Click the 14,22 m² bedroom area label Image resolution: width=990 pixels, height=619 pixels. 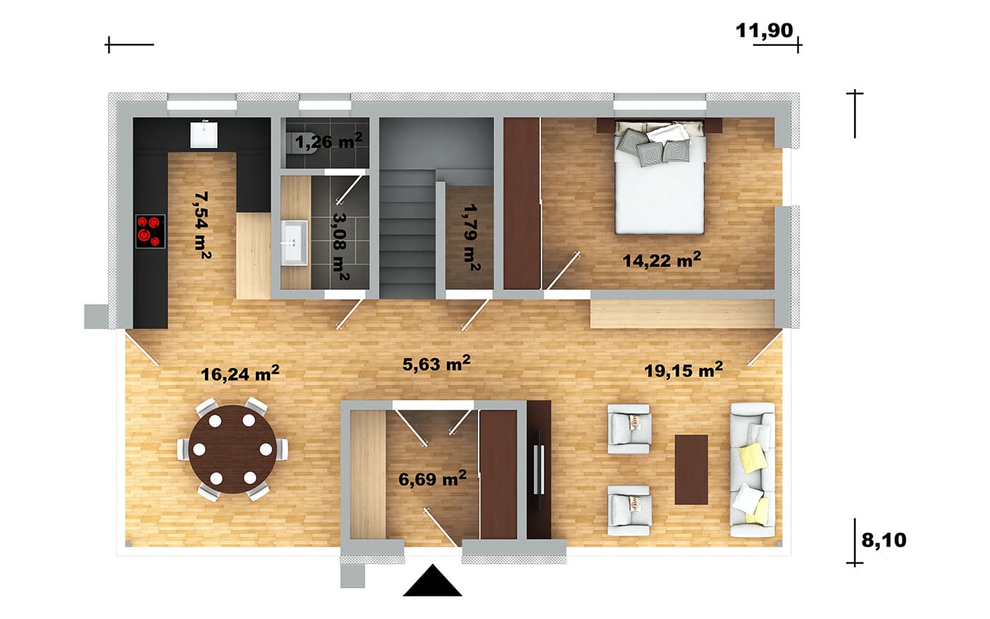[662, 260]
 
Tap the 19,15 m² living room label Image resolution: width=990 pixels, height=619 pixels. [683, 369]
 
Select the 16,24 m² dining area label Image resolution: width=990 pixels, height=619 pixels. [240, 374]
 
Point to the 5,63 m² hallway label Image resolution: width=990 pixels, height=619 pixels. [436, 364]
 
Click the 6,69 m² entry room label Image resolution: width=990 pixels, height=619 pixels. [432, 478]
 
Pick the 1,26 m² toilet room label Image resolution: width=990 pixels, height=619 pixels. [328, 141]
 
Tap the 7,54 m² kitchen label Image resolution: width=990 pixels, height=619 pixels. [202, 225]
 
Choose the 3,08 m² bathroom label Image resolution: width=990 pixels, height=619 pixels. [341, 247]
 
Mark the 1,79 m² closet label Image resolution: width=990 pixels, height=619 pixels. [472, 238]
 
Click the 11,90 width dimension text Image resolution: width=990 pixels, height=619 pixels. [764, 30]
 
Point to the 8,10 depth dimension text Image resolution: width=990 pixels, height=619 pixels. [883, 540]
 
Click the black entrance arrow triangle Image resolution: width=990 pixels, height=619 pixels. [432, 580]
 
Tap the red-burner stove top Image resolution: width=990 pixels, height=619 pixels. [150, 231]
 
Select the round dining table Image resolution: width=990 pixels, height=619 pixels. [233, 449]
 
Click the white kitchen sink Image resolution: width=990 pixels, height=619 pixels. [204, 135]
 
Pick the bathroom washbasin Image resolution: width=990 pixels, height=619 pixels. [294, 243]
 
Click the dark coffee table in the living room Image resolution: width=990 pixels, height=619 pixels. [692, 470]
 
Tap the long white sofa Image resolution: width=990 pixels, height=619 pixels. [752, 470]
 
